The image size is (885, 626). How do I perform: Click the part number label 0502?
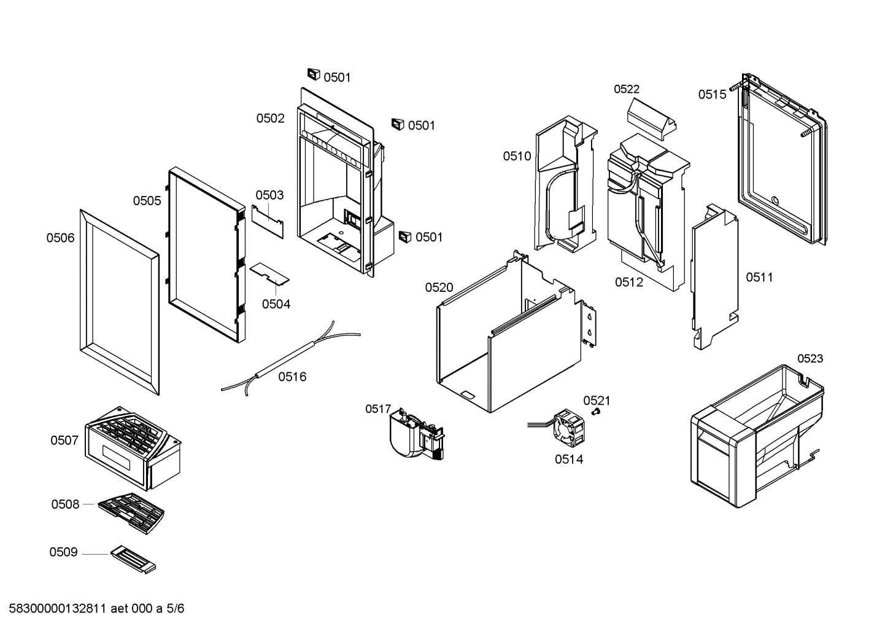270,119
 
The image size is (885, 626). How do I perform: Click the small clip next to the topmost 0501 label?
314,75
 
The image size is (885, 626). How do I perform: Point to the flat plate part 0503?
268,221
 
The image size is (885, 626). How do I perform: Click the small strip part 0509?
133,561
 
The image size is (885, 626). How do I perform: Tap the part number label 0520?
439,288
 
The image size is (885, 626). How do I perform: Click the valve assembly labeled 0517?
414,434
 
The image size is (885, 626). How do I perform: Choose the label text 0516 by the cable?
292,377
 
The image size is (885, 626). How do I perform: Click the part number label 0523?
810,359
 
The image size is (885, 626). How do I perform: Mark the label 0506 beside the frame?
60,238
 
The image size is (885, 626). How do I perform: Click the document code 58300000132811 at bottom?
59,609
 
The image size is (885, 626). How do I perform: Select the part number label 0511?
759,278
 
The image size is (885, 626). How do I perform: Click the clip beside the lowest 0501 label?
404,237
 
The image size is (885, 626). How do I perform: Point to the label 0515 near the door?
712,95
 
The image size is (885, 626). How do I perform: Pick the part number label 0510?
517,157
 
